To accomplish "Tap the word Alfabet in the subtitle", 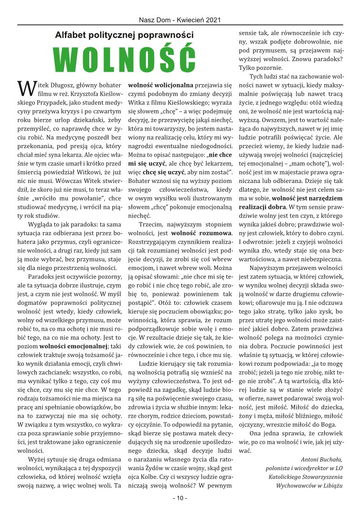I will pyautogui.click(x=72, y=34).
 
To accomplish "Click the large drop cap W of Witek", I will pyautogui.click(x=25, y=87).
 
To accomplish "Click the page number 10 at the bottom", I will pyautogui.click(x=180, y=498).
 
